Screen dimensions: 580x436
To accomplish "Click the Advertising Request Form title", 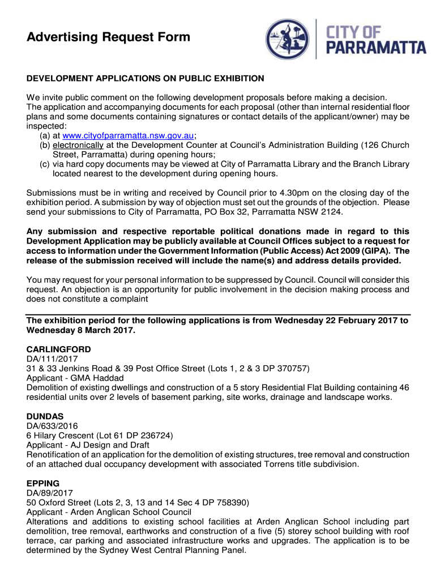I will point(108,37).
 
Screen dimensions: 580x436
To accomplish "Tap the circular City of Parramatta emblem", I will point(288,40).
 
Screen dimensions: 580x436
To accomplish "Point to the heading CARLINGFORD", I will point(59,349).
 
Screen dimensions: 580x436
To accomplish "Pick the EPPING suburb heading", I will point(43,483).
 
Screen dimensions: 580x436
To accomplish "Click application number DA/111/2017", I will point(52,359).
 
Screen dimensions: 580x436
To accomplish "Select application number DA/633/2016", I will point(52,426).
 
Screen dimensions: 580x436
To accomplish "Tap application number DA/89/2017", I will point(50,493).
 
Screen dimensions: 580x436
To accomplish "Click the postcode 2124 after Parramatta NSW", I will point(333,212).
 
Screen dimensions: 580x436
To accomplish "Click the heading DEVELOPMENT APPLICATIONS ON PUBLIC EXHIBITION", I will point(146,78).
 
